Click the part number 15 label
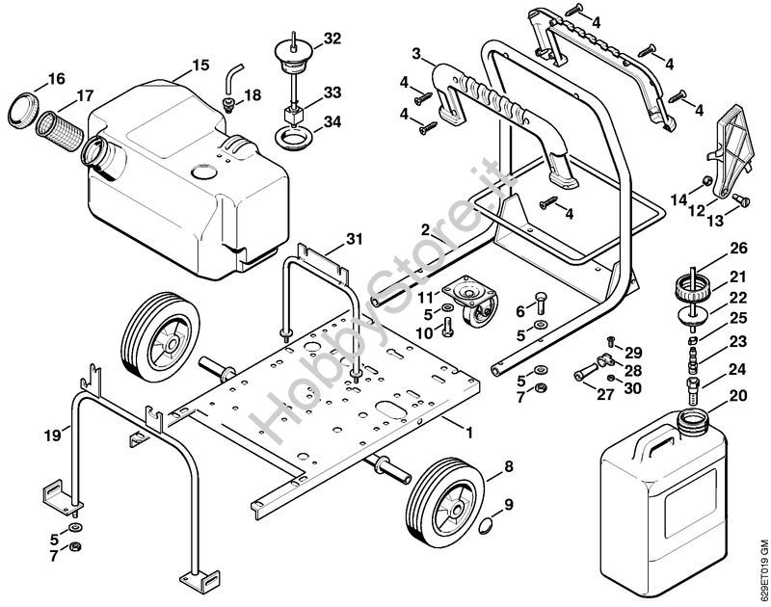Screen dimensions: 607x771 coord(200,66)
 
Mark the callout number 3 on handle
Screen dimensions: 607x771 coord(416,52)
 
